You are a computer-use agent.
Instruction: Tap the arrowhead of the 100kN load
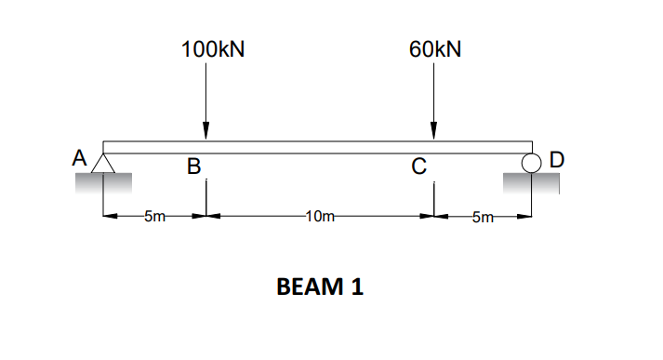click(206, 133)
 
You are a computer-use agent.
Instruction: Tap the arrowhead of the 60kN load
click(433, 133)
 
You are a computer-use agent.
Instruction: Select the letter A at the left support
click(81, 158)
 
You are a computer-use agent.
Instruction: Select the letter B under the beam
click(193, 167)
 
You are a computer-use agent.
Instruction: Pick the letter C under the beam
click(419, 167)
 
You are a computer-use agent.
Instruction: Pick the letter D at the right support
click(556, 159)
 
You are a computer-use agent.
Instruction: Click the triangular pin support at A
click(103, 164)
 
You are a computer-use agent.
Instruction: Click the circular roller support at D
click(531, 164)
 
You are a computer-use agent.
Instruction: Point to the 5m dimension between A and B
click(154, 218)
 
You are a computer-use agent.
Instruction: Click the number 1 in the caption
click(357, 287)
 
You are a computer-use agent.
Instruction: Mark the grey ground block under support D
click(531, 184)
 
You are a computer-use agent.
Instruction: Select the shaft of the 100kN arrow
click(206, 93)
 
